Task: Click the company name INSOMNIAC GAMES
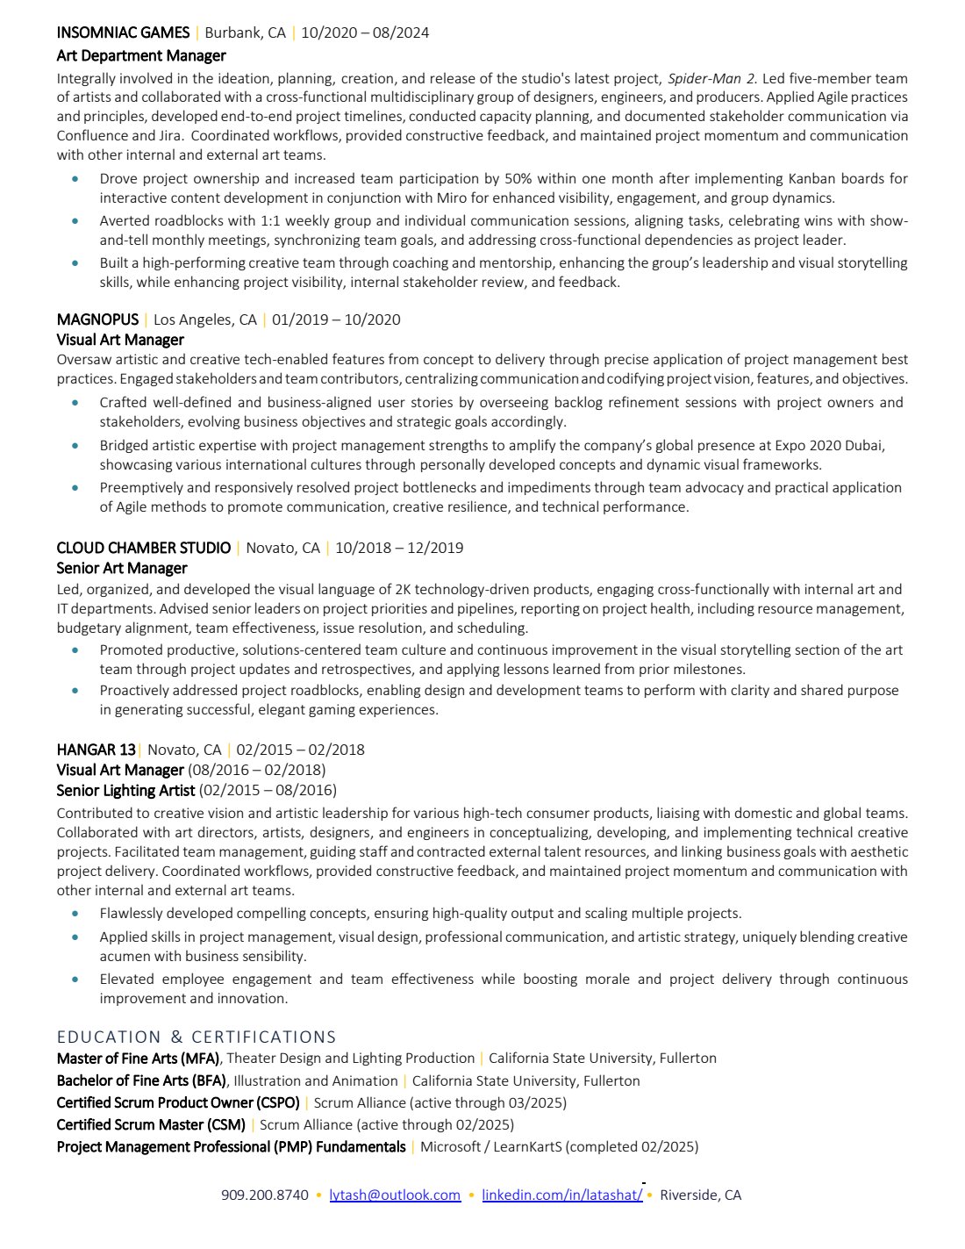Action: (123, 32)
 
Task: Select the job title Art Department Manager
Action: (141, 55)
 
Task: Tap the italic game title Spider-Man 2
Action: (711, 78)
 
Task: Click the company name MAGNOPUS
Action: (97, 319)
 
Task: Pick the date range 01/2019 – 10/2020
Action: (336, 319)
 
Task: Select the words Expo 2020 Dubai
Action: (834, 445)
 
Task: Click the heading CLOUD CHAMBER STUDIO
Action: (144, 548)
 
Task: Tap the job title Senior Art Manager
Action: (122, 568)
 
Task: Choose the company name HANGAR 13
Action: (96, 750)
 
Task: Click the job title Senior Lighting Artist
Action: (125, 790)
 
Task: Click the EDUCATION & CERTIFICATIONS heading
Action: (197, 1037)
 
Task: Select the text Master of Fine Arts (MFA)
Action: (139, 1058)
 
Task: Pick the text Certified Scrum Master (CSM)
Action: (151, 1124)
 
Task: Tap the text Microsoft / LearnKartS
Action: (495, 1146)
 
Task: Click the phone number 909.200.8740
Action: (265, 1195)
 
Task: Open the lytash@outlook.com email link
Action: (395, 1195)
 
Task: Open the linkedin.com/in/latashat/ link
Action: (561, 1195)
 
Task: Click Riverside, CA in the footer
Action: (700, 1195)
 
